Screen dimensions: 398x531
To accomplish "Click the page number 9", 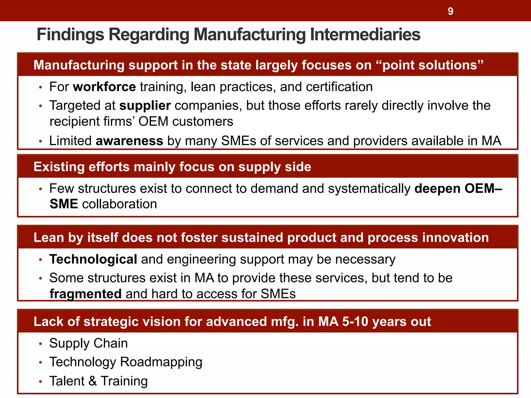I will click(x=450, y=11).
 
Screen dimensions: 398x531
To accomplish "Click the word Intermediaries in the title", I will click(x=365, y=34).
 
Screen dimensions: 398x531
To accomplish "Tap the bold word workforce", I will click(x=104, y=87).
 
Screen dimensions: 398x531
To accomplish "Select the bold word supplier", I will click(x=145, y=106).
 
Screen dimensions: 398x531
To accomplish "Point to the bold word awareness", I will click(x=129, y=141).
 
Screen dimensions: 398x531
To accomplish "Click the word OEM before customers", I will click(x=153, y=122).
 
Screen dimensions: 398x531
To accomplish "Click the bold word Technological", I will click(x=93, y=259).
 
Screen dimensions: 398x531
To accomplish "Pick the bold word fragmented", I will click(x=86, y=294).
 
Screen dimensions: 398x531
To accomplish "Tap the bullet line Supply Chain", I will click(x=88, y=343).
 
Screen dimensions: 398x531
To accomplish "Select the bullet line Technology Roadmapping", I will click(x=126, y=362).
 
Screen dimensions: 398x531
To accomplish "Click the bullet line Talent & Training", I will click(x=99, y=381).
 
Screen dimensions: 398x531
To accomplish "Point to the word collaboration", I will click(x=120, y=204).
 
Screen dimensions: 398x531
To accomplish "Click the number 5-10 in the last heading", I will click(x=355, y=322).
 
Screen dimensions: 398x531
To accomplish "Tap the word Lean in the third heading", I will click(x=48, y=238).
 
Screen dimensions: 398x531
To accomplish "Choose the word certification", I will click(x=339, y=87).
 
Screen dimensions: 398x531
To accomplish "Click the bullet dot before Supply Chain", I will click(x=40, y=344).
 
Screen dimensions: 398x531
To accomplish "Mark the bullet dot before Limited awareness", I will click(x=40, y=142).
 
